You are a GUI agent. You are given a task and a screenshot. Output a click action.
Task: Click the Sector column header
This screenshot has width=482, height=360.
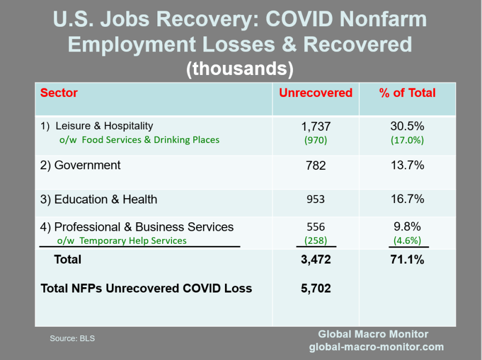click(59, 93)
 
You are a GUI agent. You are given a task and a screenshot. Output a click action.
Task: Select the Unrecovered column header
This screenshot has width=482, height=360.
click(315, 93)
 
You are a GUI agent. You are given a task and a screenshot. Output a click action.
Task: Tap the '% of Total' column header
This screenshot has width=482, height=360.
click(408, 93)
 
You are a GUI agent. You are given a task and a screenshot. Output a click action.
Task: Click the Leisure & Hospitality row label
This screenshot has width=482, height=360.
click(97, 126)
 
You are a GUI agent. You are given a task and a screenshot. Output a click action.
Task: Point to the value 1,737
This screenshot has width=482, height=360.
click(315, 126)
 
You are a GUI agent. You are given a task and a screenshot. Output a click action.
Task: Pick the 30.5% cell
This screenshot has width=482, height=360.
click(408, 126)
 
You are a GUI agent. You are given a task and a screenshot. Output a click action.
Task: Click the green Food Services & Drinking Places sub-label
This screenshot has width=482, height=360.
click(139, 140)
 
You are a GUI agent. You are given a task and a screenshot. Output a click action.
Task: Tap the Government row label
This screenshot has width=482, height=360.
click(80, 165)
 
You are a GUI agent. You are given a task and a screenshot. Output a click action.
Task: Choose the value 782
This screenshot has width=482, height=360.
click(315, 166)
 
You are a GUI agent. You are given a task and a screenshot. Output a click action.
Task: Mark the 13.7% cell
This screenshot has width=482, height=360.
click(408, 165)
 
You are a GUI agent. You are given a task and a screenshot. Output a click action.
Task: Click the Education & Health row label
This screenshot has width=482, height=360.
click(99, 199)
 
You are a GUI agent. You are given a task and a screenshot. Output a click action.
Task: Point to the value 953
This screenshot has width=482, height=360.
click(315, 199)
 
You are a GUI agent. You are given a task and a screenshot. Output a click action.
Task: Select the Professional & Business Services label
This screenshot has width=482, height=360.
click(137, 227)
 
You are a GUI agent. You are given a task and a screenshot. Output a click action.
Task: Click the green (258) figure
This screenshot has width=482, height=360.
click(315, 241)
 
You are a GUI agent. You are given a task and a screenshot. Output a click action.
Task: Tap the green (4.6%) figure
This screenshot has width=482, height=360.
click(408, 241)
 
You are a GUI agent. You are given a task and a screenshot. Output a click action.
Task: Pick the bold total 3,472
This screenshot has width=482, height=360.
click(315, 260)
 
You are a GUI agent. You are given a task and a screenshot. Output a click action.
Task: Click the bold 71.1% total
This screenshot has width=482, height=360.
click(408, 260)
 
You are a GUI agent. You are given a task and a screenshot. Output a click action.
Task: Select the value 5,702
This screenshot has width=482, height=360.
click(315, 288)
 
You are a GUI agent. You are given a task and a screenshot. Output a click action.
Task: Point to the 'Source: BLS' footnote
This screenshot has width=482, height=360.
click(72, 338)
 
